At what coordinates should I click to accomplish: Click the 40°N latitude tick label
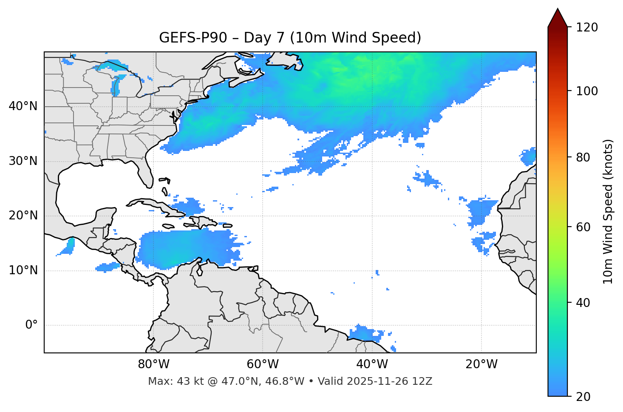pyautogui.click(x=23, y=106)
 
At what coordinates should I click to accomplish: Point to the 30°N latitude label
pyautogui.click(x=23, y=161)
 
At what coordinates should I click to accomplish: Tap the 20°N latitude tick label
pyautogui.click(x=23, y=216)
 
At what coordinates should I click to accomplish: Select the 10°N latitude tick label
pyautogui.click(x=23, y=270)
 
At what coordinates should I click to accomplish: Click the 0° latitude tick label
pyautogui.click(x=31, y=325)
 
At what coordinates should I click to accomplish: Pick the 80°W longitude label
pyautogui.click(x=153, y=364)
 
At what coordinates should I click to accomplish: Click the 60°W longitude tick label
pyautogui.click(x=263, y=364)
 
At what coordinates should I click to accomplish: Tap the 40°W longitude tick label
pyautogui.click(x=372, y=364)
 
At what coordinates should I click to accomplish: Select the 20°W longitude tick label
pyautogui.click(x=481, y=364)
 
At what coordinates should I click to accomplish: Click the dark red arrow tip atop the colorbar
pyautogui.click(x=558, y=17)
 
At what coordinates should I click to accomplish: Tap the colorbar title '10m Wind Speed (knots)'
pyautogui.click(x=608, y=211)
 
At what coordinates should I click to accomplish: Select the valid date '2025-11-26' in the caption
pyautogui.click(x=369, y=381)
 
